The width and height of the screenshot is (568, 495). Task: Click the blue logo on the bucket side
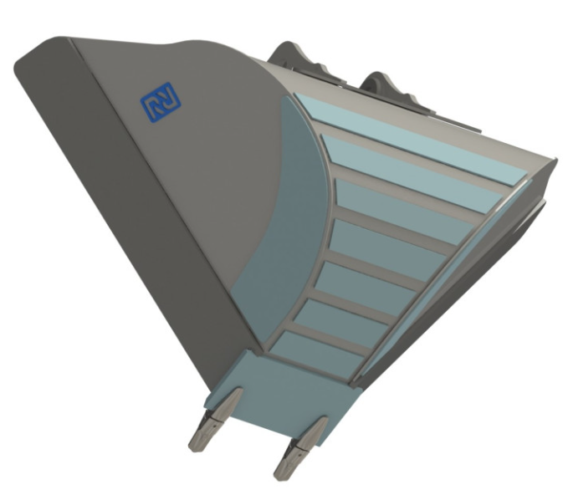pos(161,102)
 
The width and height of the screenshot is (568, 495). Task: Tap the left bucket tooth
pos(215,420)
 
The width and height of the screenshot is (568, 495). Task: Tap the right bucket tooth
pos(300,449)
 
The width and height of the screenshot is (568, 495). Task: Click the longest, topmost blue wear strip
pos(411,139)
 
